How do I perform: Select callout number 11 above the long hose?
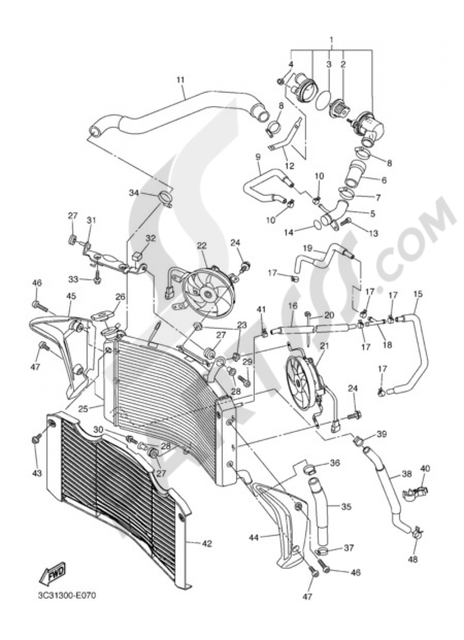(180, 80)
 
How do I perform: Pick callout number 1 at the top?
(332, 40)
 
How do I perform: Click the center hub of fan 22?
(206, 293)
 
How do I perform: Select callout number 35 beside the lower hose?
(346, 507)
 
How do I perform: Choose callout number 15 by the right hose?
(418, 294)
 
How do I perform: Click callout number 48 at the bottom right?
(412, 559)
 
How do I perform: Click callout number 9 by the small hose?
(258, 157)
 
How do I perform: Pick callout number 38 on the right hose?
(406, 474)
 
